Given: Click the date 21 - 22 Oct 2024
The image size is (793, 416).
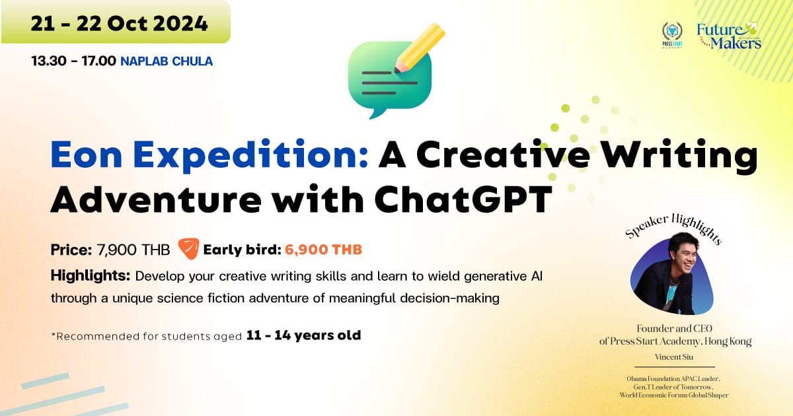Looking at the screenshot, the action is (119, 24).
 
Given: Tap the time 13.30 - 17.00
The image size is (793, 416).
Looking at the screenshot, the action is (73, 61).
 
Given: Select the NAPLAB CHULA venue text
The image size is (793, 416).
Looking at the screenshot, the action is (167, 61).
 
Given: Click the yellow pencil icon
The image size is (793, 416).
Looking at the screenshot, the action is (420, 48).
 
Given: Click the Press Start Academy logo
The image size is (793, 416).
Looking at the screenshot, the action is (672, 35).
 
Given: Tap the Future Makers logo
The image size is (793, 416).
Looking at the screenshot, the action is (728, 36).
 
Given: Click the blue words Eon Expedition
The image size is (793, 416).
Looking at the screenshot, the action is (209, 156).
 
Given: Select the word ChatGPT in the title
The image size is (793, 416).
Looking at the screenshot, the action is (463, 199).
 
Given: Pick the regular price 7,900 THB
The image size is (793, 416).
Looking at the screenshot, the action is (133, 250).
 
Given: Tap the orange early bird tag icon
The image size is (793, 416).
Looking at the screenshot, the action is (189, 248).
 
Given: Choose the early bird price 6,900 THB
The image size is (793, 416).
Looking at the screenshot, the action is (323, 250).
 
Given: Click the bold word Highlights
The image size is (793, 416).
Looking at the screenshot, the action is (91, 275).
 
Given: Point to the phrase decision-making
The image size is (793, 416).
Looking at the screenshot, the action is (449, 298).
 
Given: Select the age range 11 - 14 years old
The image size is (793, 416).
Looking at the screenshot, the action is (303, 335).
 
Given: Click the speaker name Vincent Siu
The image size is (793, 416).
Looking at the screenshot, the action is (673, 357).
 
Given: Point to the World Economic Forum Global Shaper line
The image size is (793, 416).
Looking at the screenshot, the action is (673, 395).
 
